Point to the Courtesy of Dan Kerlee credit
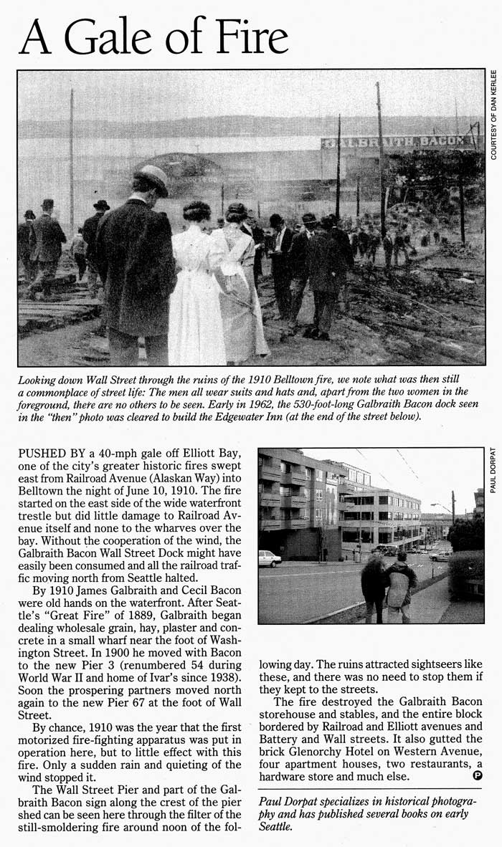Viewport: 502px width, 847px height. coord(494,115)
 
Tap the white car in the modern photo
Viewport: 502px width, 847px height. coord(269,558)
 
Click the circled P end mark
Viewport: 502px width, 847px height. coord(478,776)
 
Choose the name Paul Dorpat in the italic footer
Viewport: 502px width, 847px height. coord(288,801)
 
